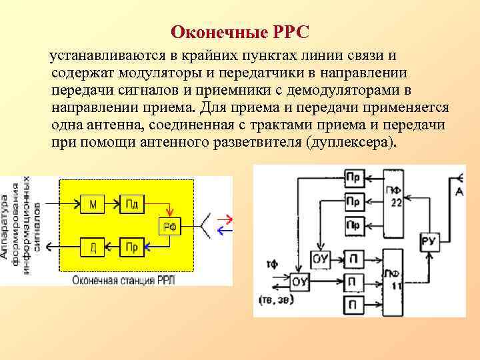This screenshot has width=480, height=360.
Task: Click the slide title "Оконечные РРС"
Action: pos(240,32)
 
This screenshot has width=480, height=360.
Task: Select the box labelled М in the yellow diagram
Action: pos(93,203)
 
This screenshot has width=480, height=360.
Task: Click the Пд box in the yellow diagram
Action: pos(131,203)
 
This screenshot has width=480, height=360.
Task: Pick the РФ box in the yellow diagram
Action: pos(170,227)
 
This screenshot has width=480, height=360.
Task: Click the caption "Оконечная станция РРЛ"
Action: pos(125,281)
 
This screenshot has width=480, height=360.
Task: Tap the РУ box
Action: pos(428,241)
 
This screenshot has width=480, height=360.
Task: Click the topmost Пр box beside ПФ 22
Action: pos(353,178)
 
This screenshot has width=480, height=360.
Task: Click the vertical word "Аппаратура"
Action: pos(5,227)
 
